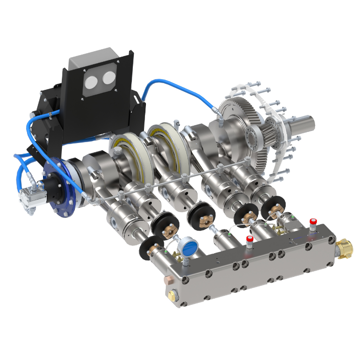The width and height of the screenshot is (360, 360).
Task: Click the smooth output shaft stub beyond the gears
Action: [304, 123]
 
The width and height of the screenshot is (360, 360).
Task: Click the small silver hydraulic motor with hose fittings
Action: [29, 196]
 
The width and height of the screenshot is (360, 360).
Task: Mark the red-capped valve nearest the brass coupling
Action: [313, 223]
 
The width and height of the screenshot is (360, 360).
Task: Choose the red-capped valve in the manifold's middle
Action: [250, 241]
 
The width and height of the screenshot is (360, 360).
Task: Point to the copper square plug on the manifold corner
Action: [169, 279]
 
